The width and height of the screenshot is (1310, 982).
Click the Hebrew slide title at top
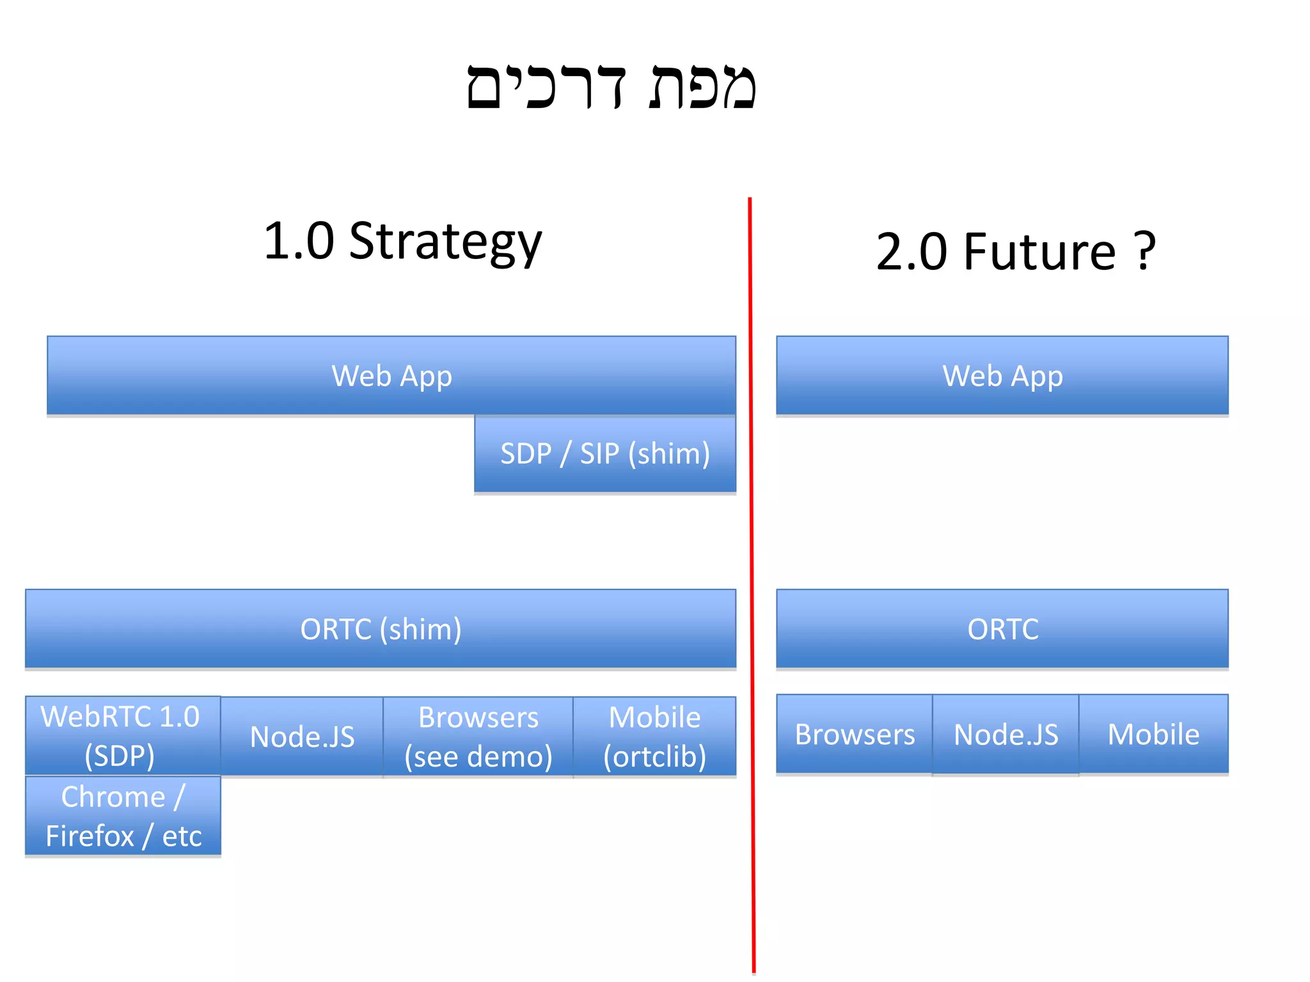(x=611, y=86)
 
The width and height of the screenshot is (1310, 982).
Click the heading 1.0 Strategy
(x=402, y=242)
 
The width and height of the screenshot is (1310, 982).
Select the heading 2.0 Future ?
(x=1015, y=252)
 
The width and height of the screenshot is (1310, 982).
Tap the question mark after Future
(x=1144, y=252)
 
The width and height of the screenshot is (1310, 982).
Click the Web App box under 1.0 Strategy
(x=391, y=376)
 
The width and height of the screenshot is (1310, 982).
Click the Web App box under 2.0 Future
(x=1002, y=376)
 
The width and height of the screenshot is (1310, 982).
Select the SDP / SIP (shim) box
(x=604, y=454)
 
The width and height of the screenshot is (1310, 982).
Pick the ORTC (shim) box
(x=381, y=629)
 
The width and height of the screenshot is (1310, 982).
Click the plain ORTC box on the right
(x=1002, y=629)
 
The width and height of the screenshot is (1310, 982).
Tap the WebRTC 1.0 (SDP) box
(x=122, y=735)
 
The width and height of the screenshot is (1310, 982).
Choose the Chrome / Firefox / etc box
(x=122, y=816)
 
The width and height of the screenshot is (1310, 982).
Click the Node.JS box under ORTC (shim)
(x=302, y=736)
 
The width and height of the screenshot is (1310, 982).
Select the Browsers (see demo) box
(x=478, y=736)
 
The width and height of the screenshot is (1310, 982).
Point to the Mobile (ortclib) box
(x=654, y=736)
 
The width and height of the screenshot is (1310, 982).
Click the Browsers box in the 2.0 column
(x=855, y=735)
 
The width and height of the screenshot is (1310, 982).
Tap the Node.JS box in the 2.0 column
(x=1006, y=735)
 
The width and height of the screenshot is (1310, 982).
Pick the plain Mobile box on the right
(x=1153, y=735)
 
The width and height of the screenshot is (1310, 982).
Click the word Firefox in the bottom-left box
(x=90, y=836)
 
